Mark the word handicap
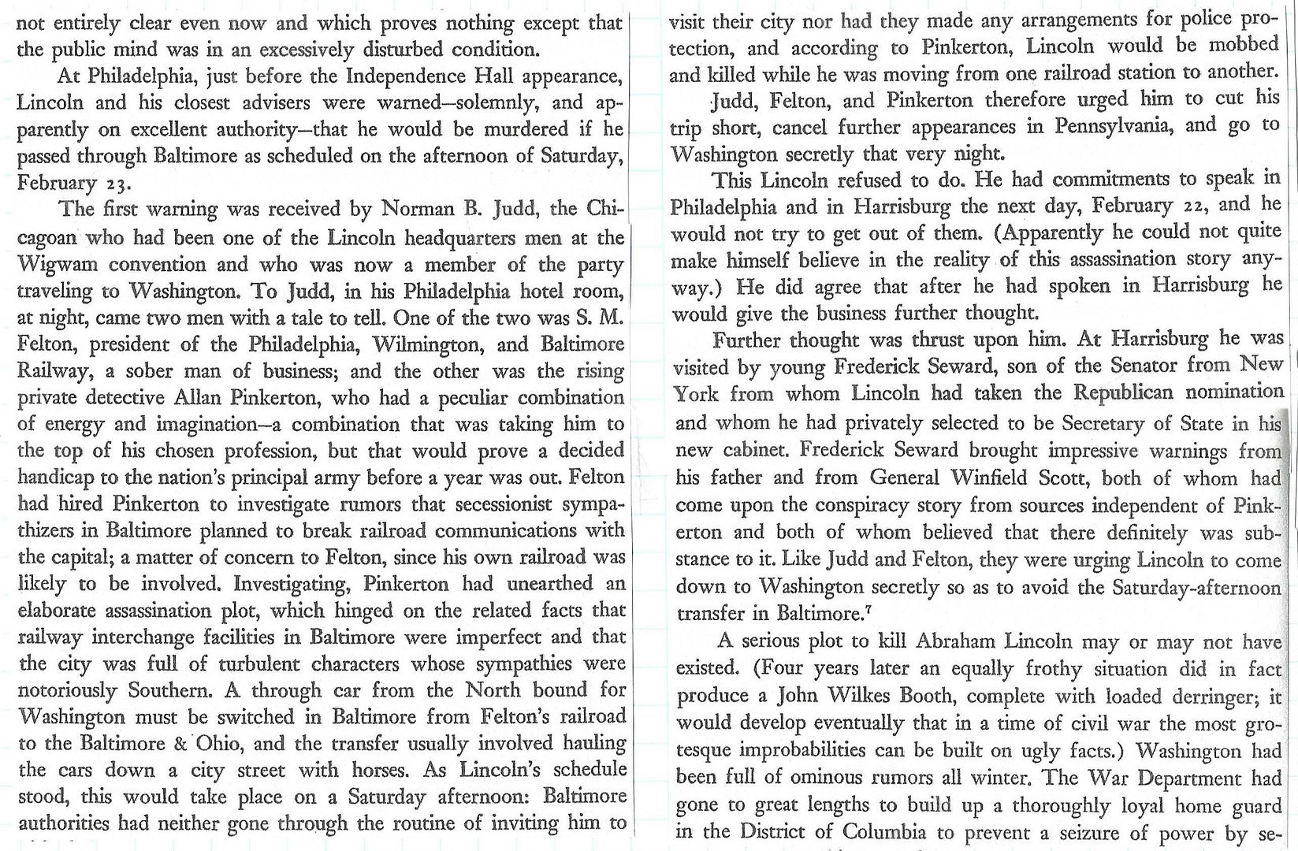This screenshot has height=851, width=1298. tap(54, 478)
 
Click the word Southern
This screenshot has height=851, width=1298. tap(162, 690)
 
